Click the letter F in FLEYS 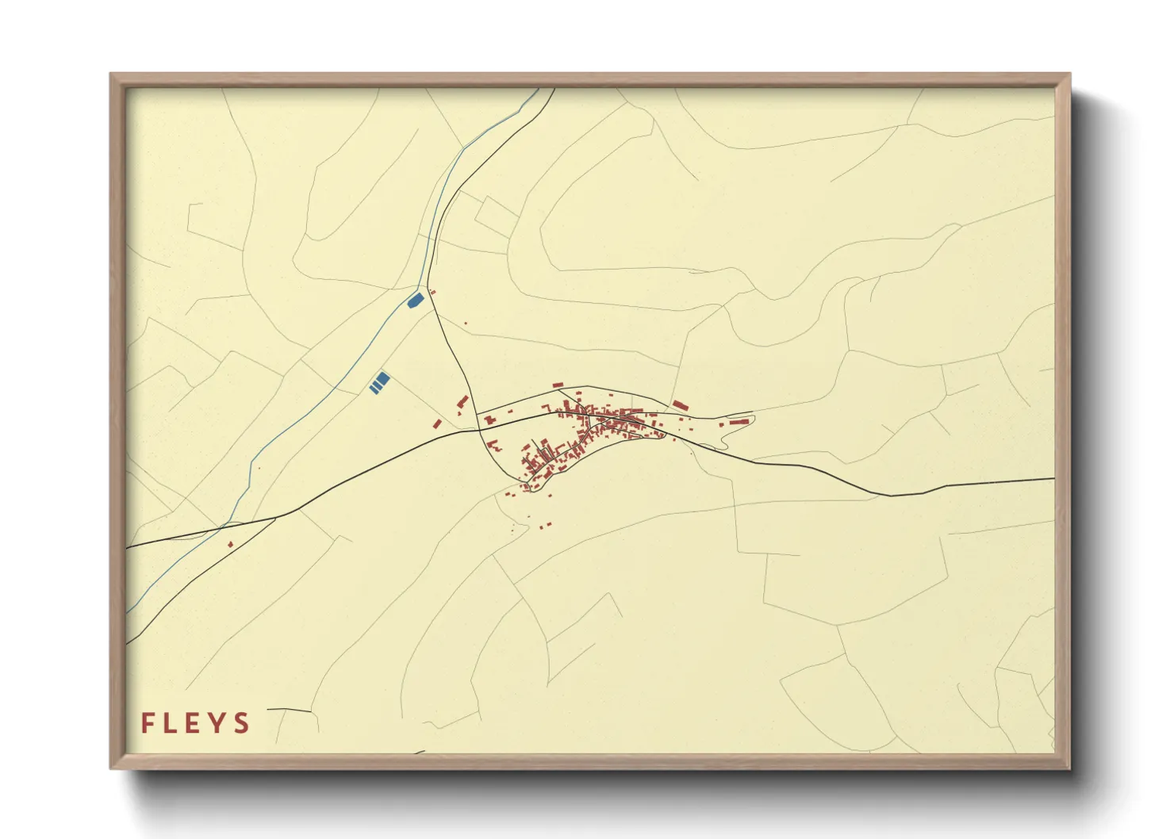coord(148,723)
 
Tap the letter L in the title coord(171,723)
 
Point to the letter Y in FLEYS coord(217,723)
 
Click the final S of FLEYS coord(241,723)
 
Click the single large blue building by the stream coord(414,301)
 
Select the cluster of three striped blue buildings coord(379,382)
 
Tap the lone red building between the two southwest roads coord(231,544)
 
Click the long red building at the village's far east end coord(739,422)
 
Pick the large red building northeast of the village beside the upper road coord(680,405)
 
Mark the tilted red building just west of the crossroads coord(462,401)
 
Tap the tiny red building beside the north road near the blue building coord(432,293)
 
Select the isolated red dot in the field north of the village coord(466,323)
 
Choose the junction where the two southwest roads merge coord(277,516)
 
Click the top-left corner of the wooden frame coord(111,75)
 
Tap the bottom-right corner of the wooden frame coord(1069,768)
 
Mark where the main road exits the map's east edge coord(1053,479)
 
